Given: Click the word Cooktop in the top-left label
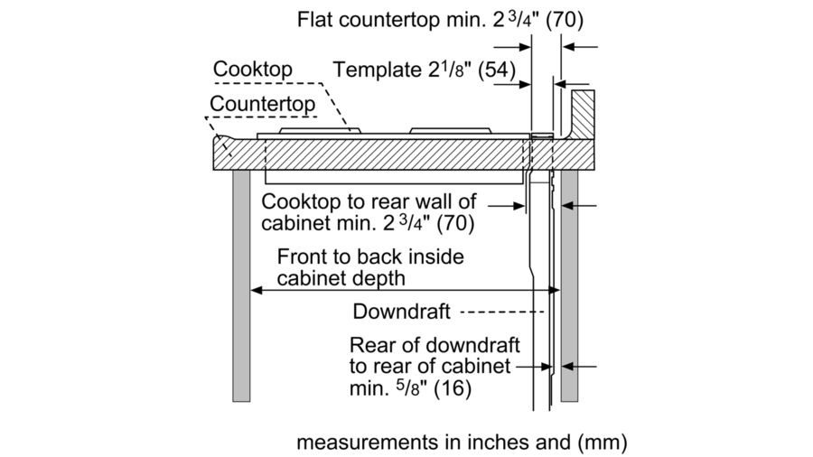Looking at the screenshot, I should [x=253, y=70].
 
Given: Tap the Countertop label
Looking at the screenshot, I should [x=263, y=104].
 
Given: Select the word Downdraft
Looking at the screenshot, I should [x=401, y=312].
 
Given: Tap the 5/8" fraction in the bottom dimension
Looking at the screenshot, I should [x=401, y=389].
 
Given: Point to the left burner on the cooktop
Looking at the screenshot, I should [x=320, y=133].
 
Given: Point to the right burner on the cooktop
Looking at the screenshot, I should [x=452, y=133].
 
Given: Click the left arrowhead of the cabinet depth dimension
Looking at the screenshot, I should [x=256, y=291].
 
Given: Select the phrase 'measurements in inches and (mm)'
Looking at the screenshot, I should [x=461, y=443].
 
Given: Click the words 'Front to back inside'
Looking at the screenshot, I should [x=370, y=256].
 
